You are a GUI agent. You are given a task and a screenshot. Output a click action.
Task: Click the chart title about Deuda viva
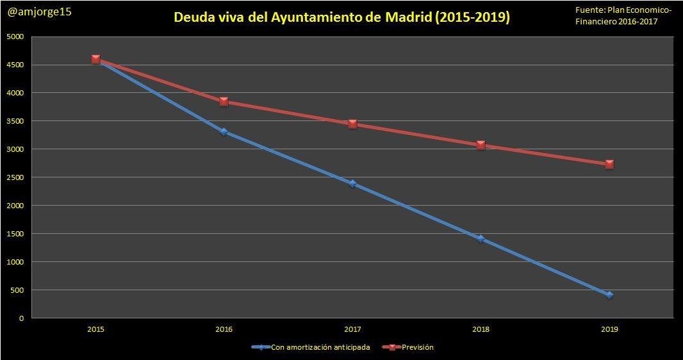click(x=341, y=17)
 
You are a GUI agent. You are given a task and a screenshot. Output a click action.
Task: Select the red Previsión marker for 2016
click(x=224, y=101)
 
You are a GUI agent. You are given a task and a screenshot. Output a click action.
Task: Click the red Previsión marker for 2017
click(x=352, y=124)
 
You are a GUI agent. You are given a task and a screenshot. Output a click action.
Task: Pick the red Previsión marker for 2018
click(x=481, y=145)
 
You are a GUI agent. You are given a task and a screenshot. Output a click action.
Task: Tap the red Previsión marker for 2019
click(x=609, y=164)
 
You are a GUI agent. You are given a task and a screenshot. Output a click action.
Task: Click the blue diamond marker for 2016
click(x=224, y=132)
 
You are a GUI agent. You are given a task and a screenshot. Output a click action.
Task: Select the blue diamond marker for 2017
click(x=352, y=184)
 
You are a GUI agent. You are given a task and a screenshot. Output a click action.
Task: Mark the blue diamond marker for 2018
click(x=481, y=239)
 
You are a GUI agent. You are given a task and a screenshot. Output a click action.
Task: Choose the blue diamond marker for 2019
click(x=609, y=295)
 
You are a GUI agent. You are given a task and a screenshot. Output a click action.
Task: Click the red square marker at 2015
click(x=95, y=59)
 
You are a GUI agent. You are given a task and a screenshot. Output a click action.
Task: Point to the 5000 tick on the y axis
click(x=16, y=37)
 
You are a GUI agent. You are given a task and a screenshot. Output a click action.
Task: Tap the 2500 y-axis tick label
click(x=16, y=177)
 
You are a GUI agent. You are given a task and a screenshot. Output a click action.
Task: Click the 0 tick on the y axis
click(x=21, y=318)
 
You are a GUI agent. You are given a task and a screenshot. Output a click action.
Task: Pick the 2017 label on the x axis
click(x=352, y=329)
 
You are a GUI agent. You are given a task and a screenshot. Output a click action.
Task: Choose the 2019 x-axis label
click(x=609, y=329)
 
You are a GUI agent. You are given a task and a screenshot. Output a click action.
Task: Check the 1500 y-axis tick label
click(x=16, y=234)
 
